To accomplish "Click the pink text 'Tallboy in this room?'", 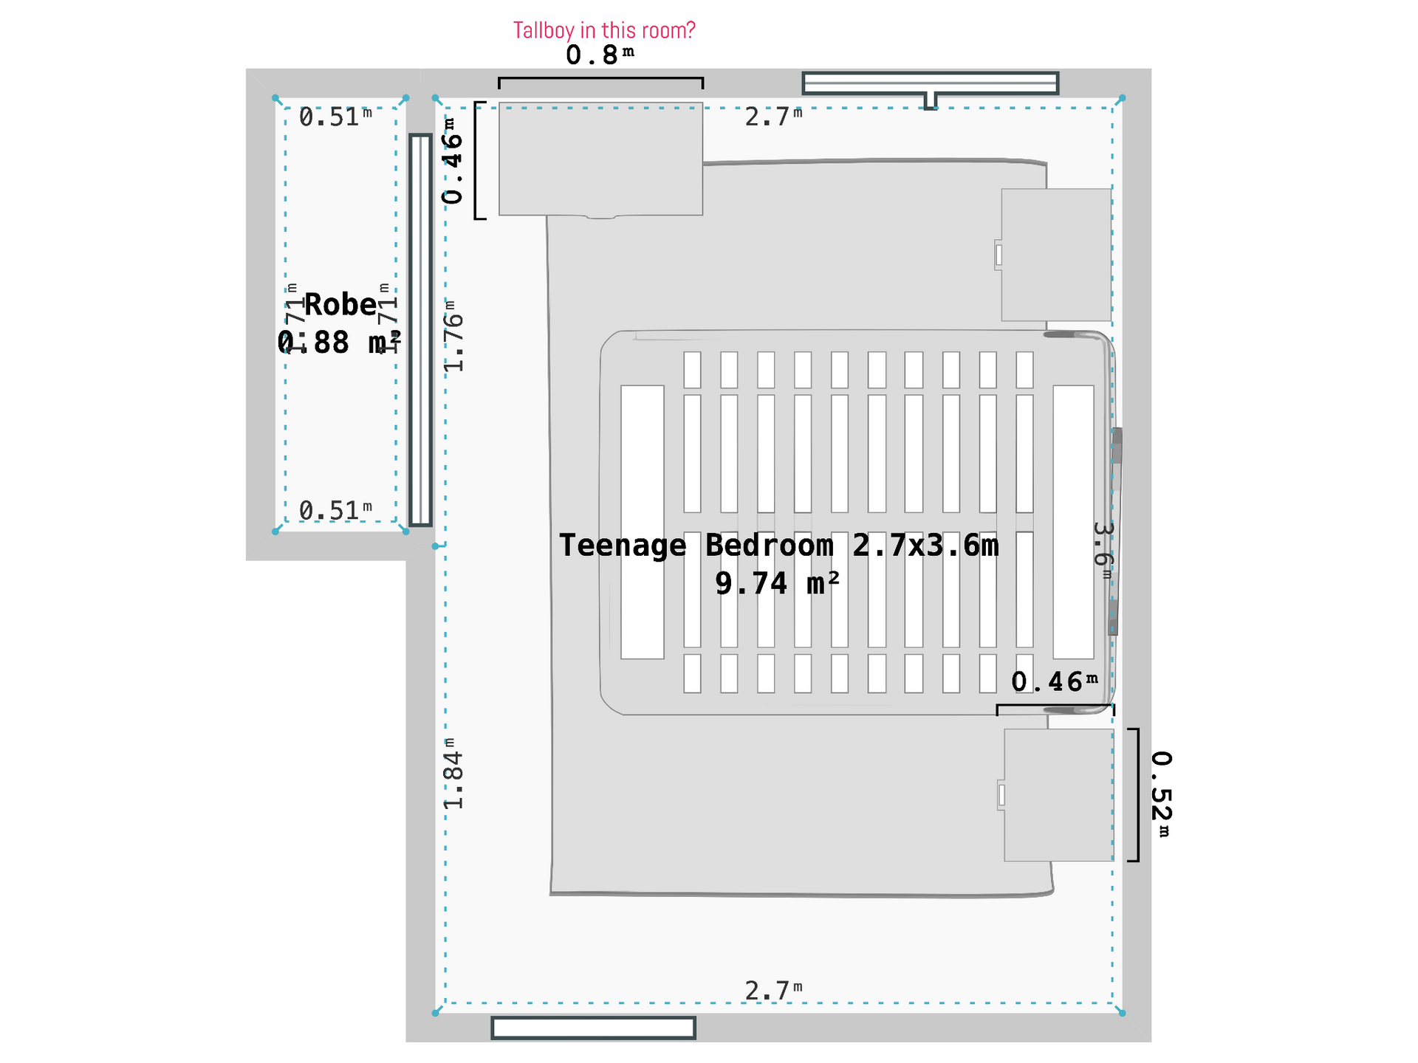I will (603, 30).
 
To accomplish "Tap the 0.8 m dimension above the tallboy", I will (599, 55).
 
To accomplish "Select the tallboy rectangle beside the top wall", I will (600, 159).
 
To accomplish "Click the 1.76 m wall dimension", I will (454, 336).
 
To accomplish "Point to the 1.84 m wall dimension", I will (454, 774).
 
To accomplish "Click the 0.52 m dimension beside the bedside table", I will (1161, 794).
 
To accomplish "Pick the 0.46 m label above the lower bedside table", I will (1054, 682).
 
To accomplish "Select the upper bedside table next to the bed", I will (1056, 255).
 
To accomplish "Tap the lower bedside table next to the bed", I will (1058, 795).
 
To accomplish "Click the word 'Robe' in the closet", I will (340, 305).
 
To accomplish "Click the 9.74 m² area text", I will (777, 584).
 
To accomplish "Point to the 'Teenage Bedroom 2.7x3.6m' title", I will (778, 546).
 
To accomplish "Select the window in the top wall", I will (930, 83).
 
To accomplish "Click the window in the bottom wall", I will (593, 1028).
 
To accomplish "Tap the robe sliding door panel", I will (420, 330).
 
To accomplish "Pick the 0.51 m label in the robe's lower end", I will (335, 510).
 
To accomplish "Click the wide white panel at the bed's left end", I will (642, 522).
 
